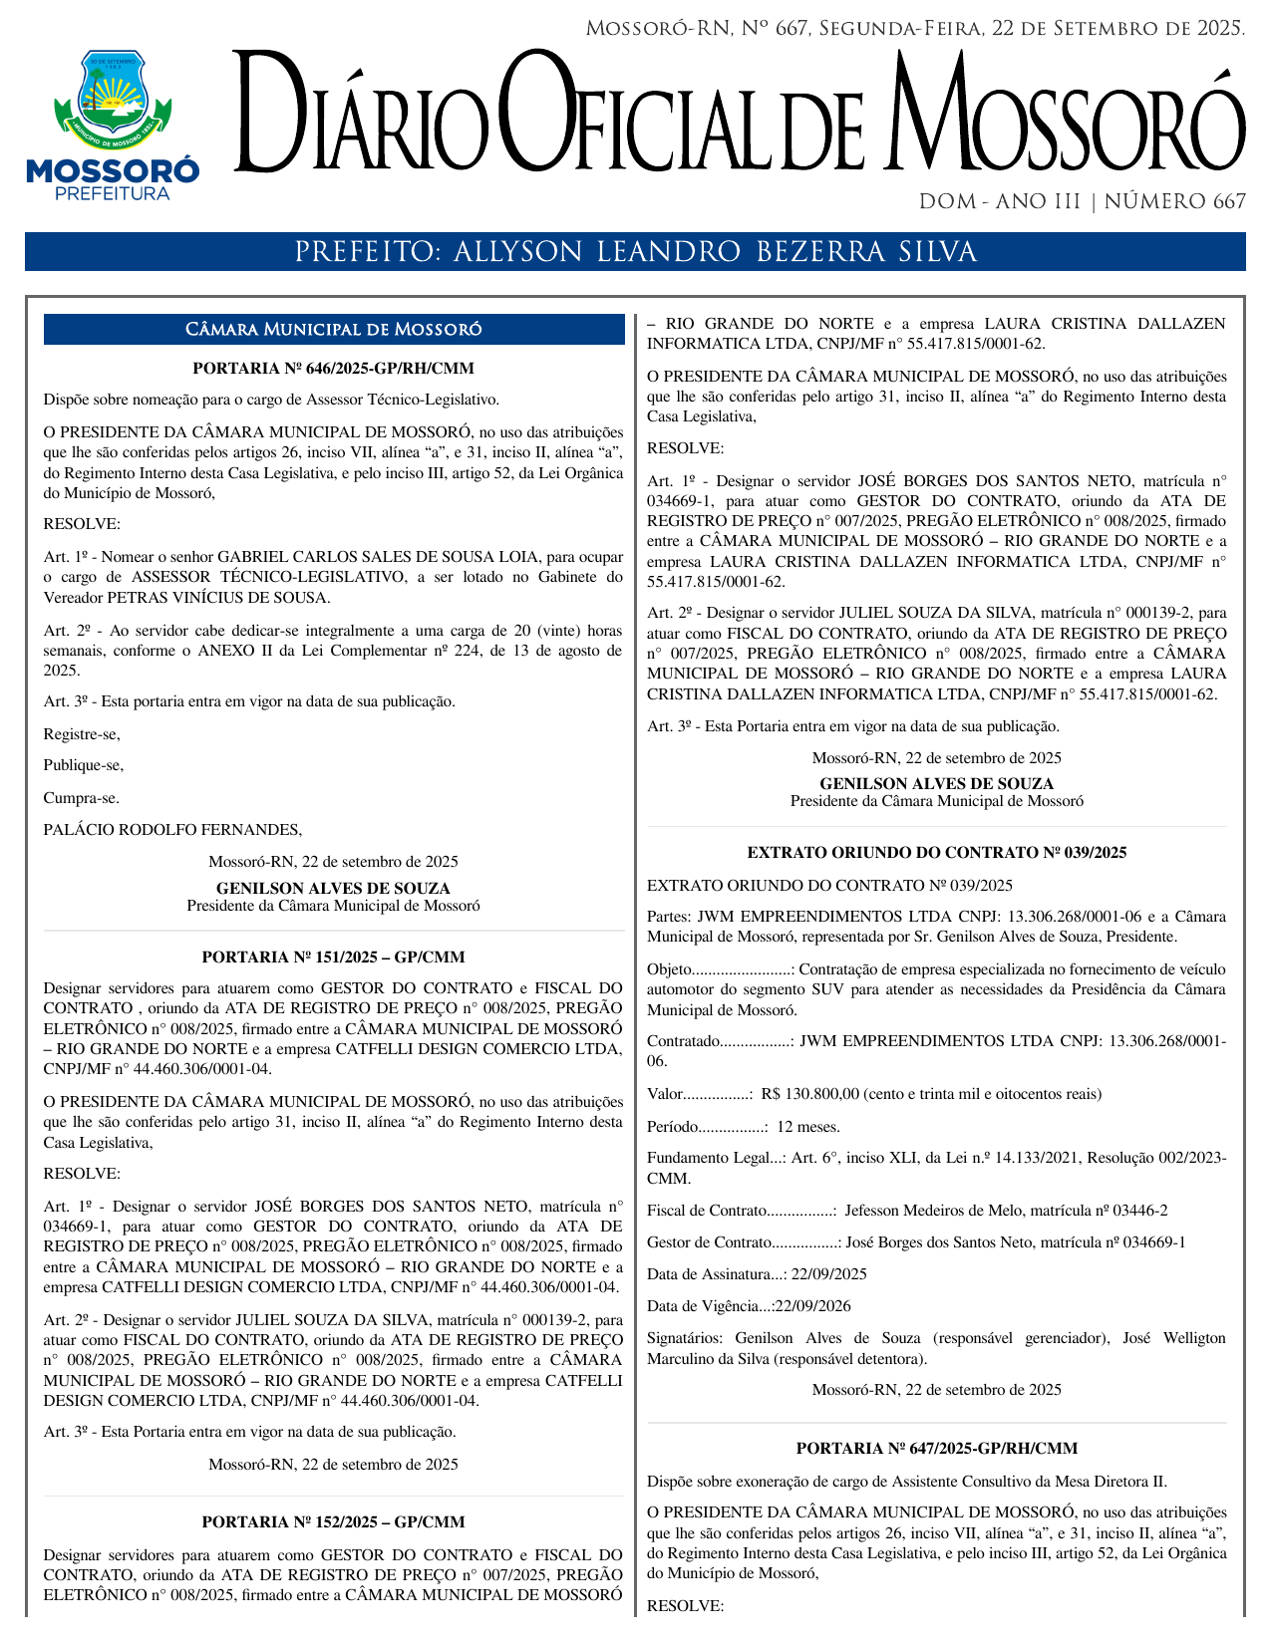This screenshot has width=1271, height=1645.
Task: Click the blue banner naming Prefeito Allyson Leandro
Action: [635, 252]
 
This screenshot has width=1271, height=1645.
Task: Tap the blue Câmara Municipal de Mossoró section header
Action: [334, 330]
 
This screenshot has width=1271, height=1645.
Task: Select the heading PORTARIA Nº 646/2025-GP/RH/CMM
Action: [333, 369]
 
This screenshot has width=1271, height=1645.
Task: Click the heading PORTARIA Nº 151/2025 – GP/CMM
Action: [333, 958]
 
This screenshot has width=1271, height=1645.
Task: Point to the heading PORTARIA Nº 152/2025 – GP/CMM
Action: [333, 1522]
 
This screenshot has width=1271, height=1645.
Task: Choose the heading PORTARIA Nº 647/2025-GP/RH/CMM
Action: [936, 1449]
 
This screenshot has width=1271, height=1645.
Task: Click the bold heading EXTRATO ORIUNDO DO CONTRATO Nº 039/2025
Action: [936, 853]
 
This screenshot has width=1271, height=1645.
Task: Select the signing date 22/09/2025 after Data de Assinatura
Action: [828, 1274]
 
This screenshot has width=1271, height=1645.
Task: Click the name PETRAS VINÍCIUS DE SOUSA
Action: [218, 598]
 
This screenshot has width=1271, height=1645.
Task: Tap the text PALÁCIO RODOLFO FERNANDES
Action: [172, 830]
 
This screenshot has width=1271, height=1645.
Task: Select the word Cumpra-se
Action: [81, 798]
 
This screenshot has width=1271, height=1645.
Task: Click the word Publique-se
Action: [83, 766]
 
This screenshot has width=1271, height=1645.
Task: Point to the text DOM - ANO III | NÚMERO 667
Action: [1082, 202]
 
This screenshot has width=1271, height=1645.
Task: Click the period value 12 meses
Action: [807, 1127]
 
